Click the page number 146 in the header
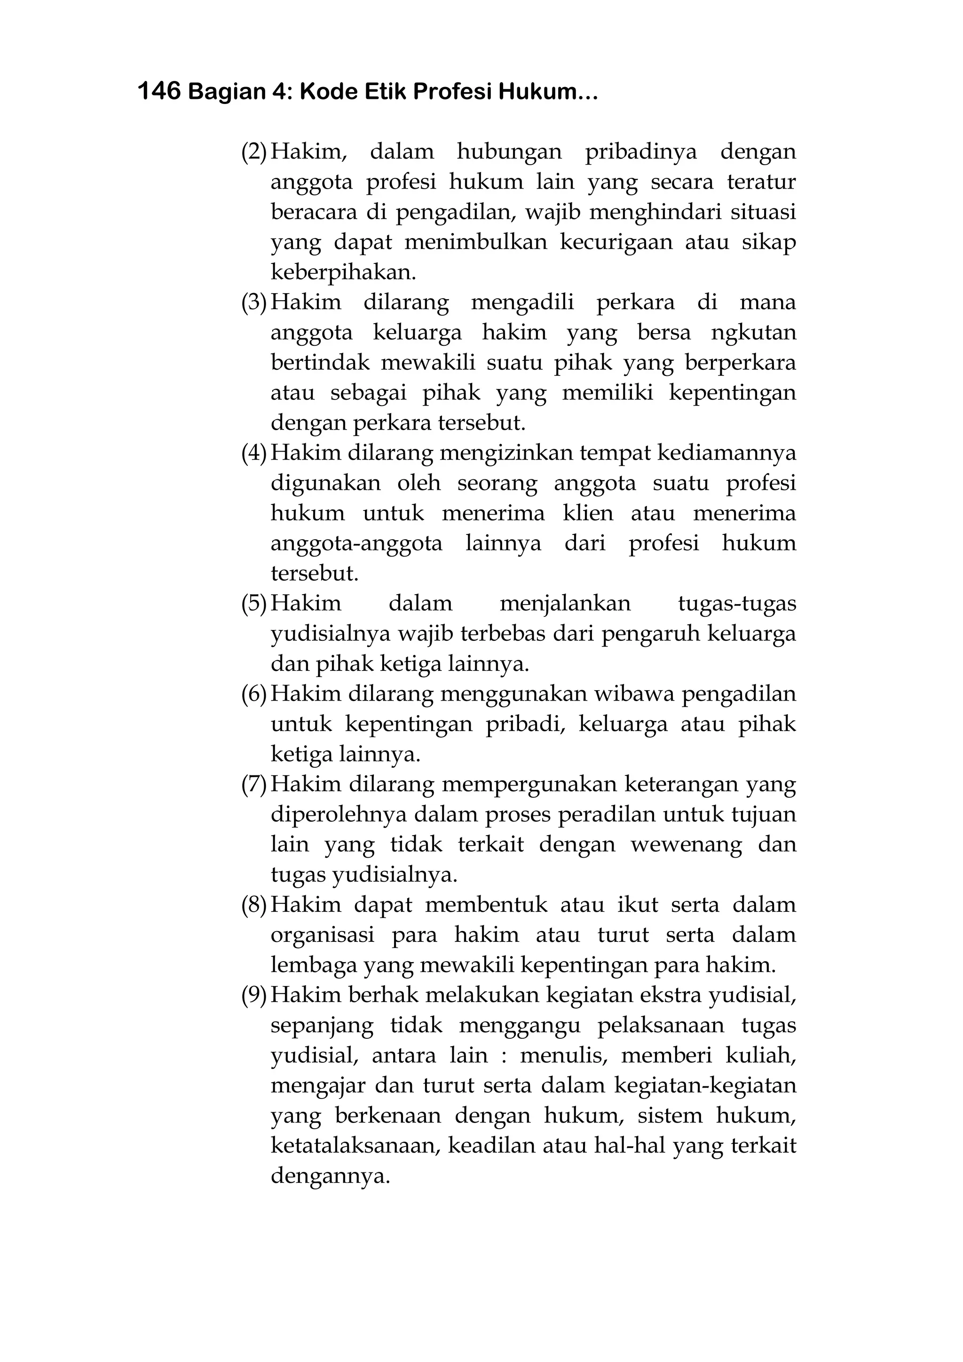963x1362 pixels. coord(158,91)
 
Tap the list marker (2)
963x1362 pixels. coord(254,152)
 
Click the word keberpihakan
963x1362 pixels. coord(343,272)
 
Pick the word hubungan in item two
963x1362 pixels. coord(509,152)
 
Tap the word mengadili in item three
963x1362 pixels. coord(522,303)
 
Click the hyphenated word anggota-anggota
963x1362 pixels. coord(356,543)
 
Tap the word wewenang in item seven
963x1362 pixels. coord(686,845)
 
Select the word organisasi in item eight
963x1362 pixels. coord(322,935)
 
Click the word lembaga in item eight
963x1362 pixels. coord(313,965)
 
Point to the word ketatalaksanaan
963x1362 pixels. coord(356,1146)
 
